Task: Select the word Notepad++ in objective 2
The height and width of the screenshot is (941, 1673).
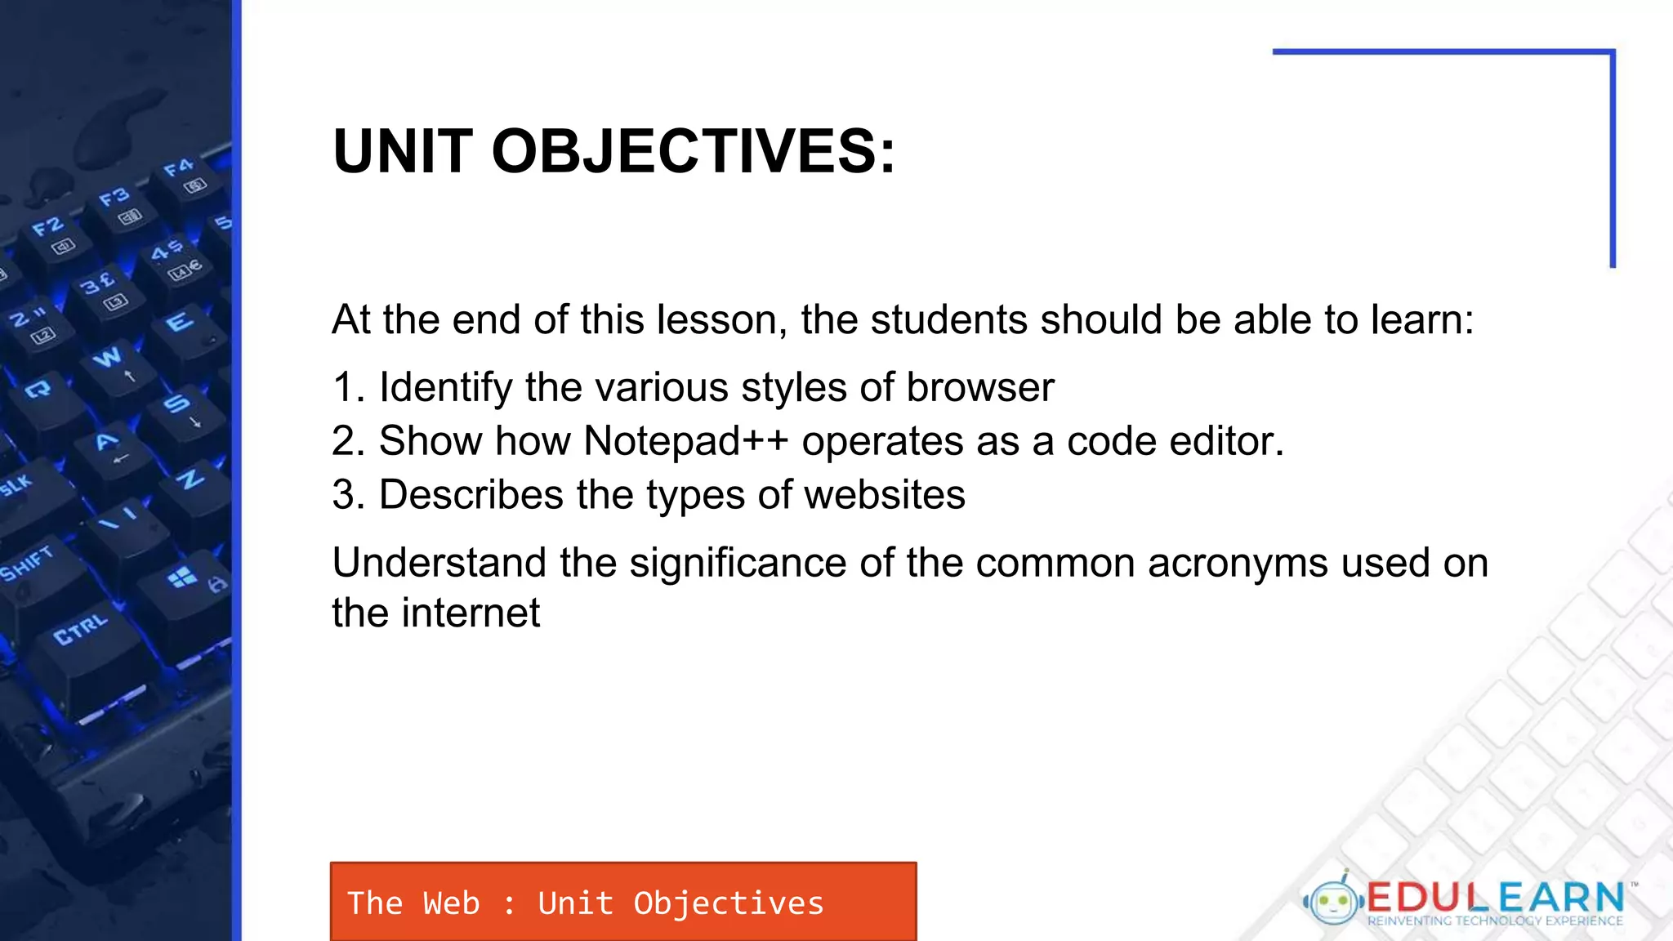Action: tap(686, 441)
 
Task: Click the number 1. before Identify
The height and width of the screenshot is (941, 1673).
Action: tap(349, 387)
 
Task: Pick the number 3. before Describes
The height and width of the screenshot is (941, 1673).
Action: tap(349, 495)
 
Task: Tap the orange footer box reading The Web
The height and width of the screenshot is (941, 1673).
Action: tap(623, 902)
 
